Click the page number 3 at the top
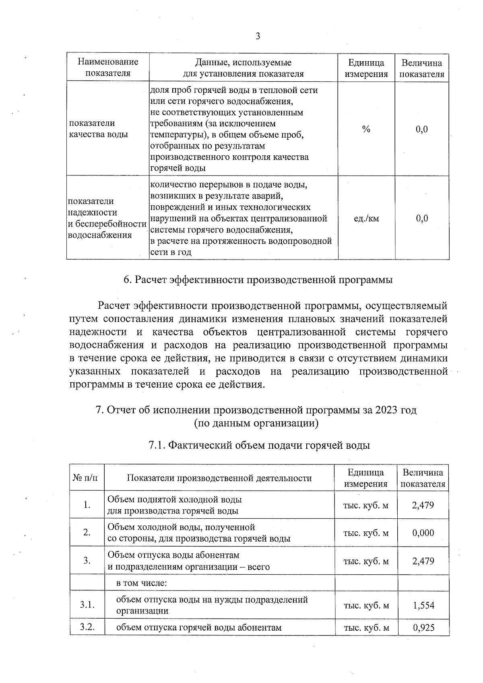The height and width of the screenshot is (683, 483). pyautogui.click(x=258, y=37)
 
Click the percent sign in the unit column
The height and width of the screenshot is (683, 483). pyautogui.click(x=366, y=129)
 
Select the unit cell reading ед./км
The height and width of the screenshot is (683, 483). pyautogui.click(x=366, y=219)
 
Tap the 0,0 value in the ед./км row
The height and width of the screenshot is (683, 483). pyautogui.click(x=422, y=219)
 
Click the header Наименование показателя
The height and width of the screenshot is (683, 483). pyautogui.click(x=108, y=68)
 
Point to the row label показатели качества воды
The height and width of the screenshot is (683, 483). pyautogui.click(x=99, y=129)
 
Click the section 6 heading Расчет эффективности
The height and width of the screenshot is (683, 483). pyautogui.click(x=258, y=280)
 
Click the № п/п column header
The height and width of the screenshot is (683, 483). pyautogui.click(x=85, y=478)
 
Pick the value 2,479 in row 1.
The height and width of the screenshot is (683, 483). pyautogui.click(x=423, y=505)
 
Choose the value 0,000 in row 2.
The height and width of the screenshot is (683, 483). pyautogui.click(x=423, y=533)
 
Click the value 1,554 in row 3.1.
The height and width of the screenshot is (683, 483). pyautogui.click(x=423, y=605)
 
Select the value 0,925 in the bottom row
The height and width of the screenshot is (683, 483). pyautogui.click(x=423, y=627)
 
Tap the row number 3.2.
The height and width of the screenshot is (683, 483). pyautogui.click(x=87, y=627)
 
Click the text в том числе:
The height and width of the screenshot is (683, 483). pyautogui.click(x=141, y=583)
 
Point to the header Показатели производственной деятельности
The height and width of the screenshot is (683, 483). pyautogui.click(x=219, y=478)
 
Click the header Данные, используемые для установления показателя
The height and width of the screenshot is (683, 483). pyautogui.click(x=243, y=68)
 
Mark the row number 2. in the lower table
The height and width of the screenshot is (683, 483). pyautogui.click(x=87, y=533)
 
